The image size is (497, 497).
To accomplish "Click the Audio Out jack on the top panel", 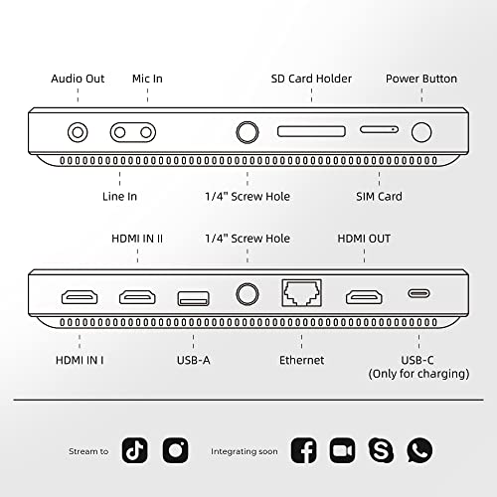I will [x=77, y=130].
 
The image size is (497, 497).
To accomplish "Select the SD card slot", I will [x=311, y=131].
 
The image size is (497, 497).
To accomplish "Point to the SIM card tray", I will [x=379, y=130].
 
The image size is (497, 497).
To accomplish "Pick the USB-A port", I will [x=192, y=296].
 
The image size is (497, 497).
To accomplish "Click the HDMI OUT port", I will [x=365, y=296].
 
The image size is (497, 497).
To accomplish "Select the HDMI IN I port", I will [x=80, y=296].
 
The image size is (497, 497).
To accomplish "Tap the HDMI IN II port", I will [x=138, y=296].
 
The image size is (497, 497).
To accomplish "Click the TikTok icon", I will [x=134, y=450].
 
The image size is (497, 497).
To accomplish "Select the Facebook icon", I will [x=304, y=450].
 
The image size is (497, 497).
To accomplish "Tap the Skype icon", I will [x=381, y=450].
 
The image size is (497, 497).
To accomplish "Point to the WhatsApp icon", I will [x=419, y=450].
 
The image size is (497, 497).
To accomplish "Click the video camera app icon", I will [x=343, y=450].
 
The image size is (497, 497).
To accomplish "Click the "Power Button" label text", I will [x=422, y=79].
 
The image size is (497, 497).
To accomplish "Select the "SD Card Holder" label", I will [x=311, y=79].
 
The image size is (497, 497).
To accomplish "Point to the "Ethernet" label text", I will [x=301, y=360].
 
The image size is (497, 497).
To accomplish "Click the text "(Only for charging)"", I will [x=419, y=374].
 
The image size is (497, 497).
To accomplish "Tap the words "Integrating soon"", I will [x=245, y=451].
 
